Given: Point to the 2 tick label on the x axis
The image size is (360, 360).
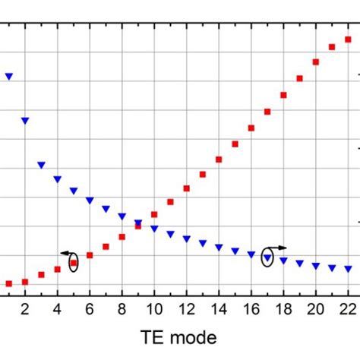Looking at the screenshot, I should pyautogui.click(x=25, y=308).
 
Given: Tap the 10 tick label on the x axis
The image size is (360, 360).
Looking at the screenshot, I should pyautogui.click(x=153, y=308).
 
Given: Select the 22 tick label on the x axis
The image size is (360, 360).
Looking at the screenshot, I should pyautogui.click(x=347, y=308).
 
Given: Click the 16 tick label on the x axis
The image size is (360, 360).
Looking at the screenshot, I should pyautogui.click(x=251, y=308).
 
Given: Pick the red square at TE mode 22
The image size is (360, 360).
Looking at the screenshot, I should pyautogui.click(x=348, y=40).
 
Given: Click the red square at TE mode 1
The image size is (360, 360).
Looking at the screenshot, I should pyautogui.click(x=9, y=283).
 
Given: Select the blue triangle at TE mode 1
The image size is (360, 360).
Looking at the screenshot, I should pyautogui.click(x=9, y=77).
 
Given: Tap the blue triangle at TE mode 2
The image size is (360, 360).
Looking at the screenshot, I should pyautogui.click(x=25, y=121).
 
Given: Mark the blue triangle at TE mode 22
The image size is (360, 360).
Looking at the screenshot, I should pyautogui.click(x=348, y=269).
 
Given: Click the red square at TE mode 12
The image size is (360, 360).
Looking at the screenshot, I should pyautogui.click(x=186, y=188).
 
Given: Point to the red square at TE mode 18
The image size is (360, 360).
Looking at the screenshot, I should pyautogui.click(x=283, y=95).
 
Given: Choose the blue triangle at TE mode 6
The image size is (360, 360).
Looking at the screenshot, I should pyautogui.click(x=90, y=201).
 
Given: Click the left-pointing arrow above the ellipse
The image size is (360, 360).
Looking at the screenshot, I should pyautogui.click(x=67, y=253).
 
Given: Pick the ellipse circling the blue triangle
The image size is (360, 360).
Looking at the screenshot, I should pyautogui.click(x=267, y=257).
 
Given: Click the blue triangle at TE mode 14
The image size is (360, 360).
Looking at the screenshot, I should pyautogui.click(x=219, y=247).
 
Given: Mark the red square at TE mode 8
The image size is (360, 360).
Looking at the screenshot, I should pyautogui.click(x=122, y=237).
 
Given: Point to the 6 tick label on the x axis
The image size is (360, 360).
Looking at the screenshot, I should pyautogui.click(x=90, y=308).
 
